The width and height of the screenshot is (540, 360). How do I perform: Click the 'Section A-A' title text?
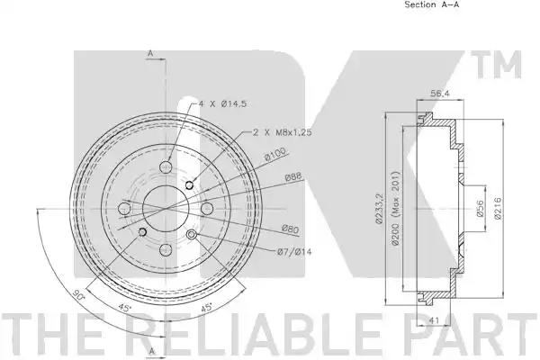[x=431, y=4]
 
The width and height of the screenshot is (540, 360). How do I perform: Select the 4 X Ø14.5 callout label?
[x=222, y=103]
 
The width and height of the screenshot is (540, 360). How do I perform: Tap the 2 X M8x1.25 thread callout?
[x=283, y=132]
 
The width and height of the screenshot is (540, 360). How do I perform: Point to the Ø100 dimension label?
[x=275, y=156]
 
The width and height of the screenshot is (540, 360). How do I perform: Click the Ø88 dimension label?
[x=293, y=176]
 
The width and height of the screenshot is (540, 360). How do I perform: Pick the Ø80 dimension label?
[x=290, y=229]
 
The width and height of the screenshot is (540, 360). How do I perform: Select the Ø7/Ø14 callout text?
[x=294, y=252]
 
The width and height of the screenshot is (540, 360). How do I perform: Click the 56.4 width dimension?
[x=440, y=94]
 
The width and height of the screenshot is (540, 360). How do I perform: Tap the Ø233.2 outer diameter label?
[x=380, y=208]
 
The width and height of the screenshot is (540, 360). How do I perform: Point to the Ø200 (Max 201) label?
[x=395, y=208]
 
